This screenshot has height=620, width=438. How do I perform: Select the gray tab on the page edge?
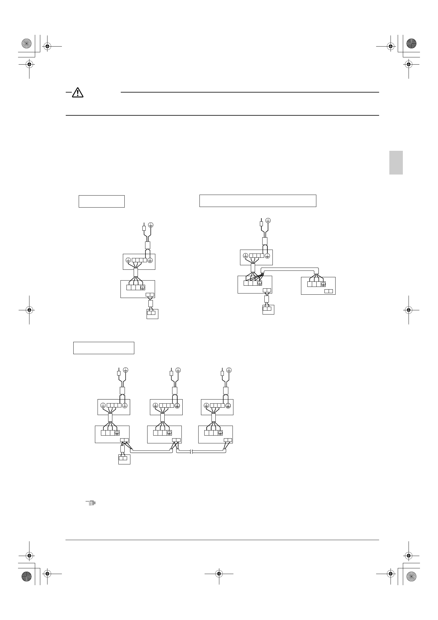click(x=396, y=163)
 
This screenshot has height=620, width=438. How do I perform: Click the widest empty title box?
click(x=258, y=201)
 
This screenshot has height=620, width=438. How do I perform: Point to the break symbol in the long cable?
click(x=191, y=451)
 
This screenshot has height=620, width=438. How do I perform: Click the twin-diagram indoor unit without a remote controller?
click(x=318, y=286)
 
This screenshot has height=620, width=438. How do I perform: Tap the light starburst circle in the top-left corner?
click(x=26, y=44)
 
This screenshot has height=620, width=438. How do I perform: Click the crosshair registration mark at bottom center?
click(x=219, y=573)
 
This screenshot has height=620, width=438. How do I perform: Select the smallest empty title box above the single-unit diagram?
click(x=102, y=201)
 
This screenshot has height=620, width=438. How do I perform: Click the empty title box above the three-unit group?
click(x=104, y=348)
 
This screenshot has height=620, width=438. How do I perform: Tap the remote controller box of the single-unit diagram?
click(x=152, y=314)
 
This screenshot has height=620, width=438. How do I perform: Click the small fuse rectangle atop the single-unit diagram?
click(x=144, y=228)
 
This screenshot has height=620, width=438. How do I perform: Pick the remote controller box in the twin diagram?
click(x=268, y=309)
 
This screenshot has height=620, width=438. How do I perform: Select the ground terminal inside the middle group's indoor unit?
click(x=169, y=433)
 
